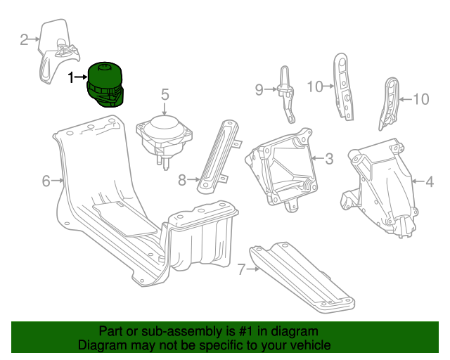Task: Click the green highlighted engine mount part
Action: [x=106, y=84]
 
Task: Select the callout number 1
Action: [x=70, y=77]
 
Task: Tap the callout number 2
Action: [x=24, y=39]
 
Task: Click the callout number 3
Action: [x=329, y=159]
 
